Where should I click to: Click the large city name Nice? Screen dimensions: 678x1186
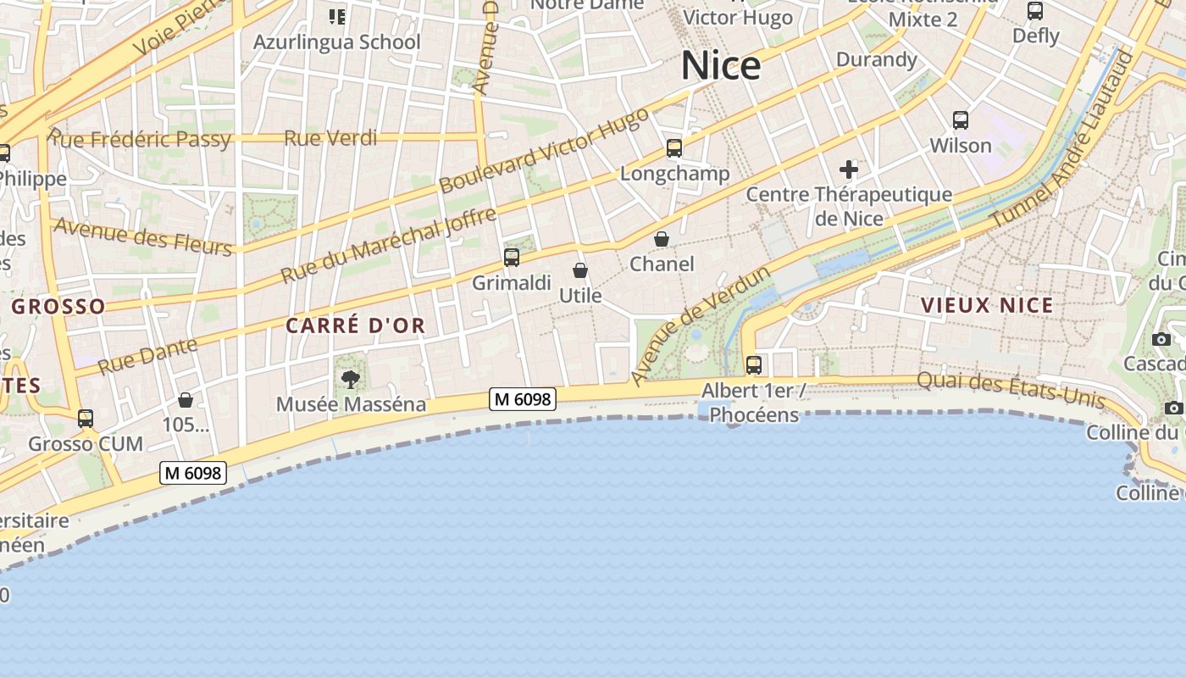click(721, 65)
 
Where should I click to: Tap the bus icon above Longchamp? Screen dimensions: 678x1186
click(674, 148)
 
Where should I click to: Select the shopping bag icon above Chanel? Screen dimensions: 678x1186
click(662, 239)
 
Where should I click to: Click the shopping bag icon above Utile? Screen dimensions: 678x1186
click(580, 270)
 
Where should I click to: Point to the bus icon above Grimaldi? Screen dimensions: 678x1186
click(512, 258)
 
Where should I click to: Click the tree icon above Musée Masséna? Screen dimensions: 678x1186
click(351, 379)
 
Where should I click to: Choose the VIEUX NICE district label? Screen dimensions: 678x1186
click(987, 305)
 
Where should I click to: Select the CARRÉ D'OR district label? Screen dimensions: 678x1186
click(355, 325)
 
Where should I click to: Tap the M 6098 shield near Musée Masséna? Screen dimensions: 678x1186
click(523, 398)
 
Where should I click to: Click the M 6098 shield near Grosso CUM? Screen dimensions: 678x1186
click(193, 473)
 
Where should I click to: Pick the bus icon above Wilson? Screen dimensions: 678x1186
click(960, 120)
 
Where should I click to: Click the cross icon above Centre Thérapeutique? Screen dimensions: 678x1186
click(848, 169)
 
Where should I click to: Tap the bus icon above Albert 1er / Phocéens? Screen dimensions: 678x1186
click(753, 365)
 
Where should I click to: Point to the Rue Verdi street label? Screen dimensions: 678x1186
click(330, 137)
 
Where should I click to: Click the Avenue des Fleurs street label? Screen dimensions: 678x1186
click(142, 236)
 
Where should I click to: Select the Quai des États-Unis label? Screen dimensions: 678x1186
click(1011, 389)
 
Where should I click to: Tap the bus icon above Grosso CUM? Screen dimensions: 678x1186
click(86, 419)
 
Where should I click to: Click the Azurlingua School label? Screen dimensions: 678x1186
click(337, 42)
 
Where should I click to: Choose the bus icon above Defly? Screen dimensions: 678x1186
click(1035, 11)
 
